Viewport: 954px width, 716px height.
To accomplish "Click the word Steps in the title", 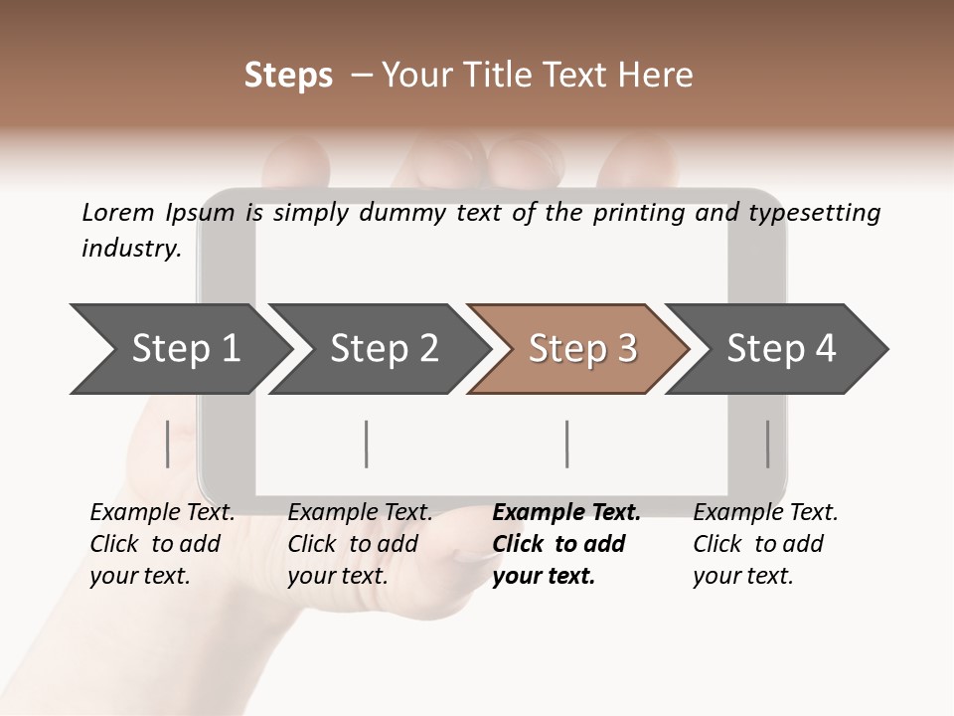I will click(x=288, y=76).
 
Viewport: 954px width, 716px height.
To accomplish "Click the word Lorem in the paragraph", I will click(x=118, y=213).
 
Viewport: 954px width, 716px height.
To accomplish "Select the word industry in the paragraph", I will click(x=130, y=249).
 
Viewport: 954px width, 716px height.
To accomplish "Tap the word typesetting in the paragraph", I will click(x=814, y=213).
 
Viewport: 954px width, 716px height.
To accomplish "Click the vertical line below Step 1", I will click(x=168, y=444).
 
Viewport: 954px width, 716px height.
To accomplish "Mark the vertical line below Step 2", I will click(x=367, y=444).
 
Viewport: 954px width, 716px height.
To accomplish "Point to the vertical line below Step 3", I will click(x=566, y=444).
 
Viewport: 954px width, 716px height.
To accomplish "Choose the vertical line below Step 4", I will click(x=767, y=444).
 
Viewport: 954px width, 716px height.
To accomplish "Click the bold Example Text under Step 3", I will click(x=566, y=513).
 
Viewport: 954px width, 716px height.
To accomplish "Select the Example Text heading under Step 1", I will click(x=162, y=513).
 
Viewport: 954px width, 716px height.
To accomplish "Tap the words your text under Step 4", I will click(x=742, y=576).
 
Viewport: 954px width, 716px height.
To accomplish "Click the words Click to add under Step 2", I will click(x=353, y=544).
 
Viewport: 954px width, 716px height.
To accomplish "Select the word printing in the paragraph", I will click(x=636, y=213).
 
